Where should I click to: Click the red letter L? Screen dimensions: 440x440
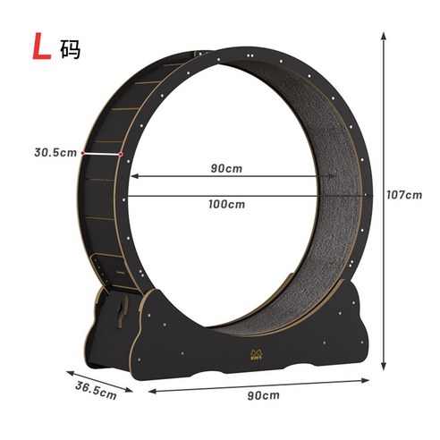click(41, 47)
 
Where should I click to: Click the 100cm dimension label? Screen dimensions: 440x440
click(227, 204)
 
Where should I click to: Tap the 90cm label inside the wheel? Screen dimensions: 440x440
click(226, 166)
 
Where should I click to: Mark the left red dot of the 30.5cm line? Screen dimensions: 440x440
click(82, 153)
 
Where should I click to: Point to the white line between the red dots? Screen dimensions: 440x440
click(101, 153)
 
